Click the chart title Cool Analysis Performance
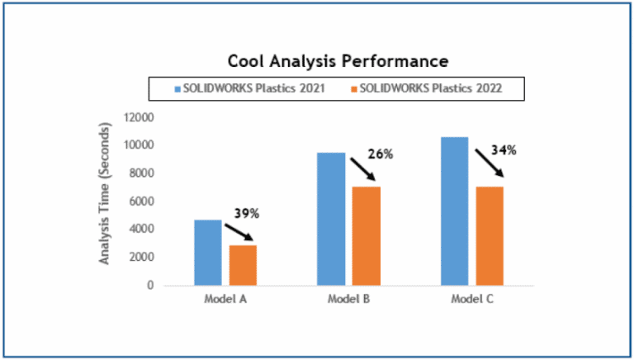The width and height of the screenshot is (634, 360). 338,61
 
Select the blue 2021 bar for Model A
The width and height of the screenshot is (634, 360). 207,252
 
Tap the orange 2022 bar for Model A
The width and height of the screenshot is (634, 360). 243,264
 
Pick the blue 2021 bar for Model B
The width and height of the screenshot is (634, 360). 331,219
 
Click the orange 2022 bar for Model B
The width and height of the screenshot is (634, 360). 367,235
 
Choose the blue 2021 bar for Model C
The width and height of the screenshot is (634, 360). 454,211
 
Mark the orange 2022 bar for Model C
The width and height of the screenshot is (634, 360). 490,235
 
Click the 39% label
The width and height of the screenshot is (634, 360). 247,213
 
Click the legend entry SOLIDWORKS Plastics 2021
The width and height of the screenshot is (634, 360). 248,87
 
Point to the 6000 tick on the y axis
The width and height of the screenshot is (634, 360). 140,201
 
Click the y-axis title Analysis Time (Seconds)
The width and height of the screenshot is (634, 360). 105,193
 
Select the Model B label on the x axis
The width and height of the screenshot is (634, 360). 348,299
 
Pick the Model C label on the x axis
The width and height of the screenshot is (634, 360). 471,299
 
